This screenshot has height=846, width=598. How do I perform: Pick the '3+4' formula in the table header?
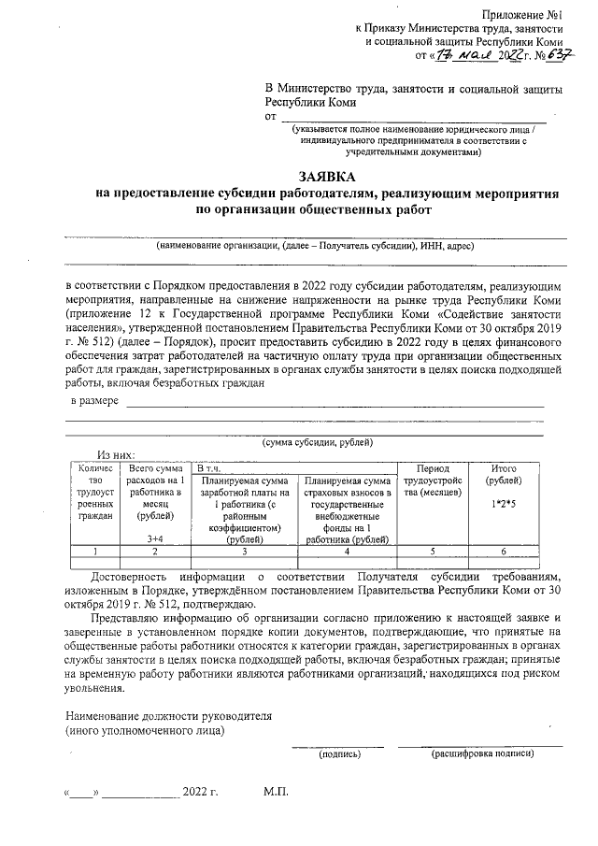pyautogui.click(x=155, y=539)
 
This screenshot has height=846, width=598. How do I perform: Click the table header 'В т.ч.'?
pyautogui.click(x=206, y=467)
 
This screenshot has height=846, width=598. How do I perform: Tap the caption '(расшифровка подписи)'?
pyautogui.click(x=482, y=753)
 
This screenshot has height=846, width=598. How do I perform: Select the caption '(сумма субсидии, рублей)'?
pyautogui.click(x=318, y=441)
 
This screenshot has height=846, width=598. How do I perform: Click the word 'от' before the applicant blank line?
pyautogui.click(x=272, y=117)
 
